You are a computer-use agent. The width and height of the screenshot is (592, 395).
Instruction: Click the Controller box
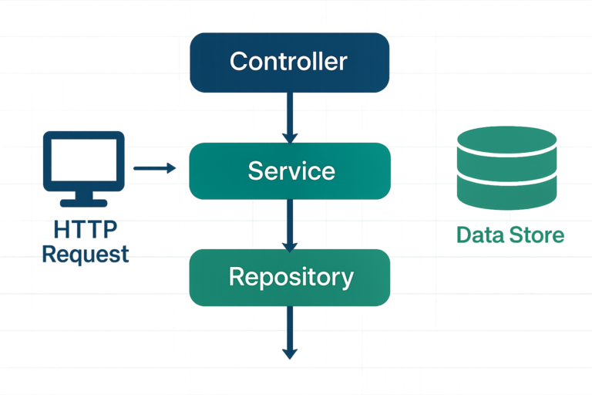[289, 62]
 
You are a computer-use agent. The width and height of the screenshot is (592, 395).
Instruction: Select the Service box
[289, 170]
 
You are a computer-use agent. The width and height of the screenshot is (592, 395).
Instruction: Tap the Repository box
[290, 277]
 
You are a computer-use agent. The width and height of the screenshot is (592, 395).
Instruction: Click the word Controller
[289, 62]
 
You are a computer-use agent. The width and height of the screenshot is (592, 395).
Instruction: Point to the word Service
[291, 170]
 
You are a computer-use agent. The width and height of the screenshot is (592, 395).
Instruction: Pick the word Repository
[291, 276]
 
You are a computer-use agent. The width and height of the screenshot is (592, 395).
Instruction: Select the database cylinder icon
[506, 169]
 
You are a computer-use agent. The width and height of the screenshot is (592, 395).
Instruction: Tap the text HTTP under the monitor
[85, 230]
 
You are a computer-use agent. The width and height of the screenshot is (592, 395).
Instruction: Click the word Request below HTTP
[85, 254]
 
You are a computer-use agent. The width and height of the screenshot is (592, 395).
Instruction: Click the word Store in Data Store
[536, 235]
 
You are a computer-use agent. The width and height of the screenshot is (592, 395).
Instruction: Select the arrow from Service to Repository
[289, 225]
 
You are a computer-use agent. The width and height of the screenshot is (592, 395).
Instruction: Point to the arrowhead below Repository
[289, 353]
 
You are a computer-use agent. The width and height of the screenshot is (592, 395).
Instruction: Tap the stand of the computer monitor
[85, 198]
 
